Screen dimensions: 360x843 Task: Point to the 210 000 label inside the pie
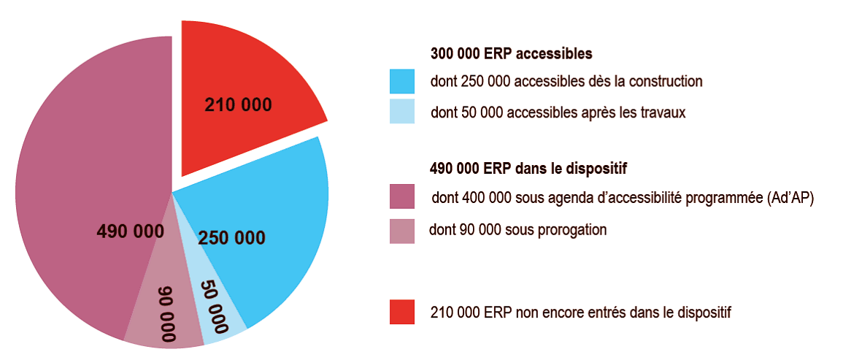pos(238,104)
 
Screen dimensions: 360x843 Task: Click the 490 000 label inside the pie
pos(130,231)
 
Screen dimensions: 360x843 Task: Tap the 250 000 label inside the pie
pos(231,237)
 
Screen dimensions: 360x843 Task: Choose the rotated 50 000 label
pos(214,305)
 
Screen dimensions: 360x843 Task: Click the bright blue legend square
pos(401,80)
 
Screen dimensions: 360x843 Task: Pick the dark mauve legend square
pos(401,196)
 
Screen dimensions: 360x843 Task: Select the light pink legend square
pos(401,231)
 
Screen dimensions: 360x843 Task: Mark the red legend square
pos(401,312)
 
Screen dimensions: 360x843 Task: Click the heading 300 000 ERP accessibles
pos(511,54)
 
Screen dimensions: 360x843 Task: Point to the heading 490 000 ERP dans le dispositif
pos(529,169)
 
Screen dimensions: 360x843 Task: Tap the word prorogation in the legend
pos(571,230)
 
